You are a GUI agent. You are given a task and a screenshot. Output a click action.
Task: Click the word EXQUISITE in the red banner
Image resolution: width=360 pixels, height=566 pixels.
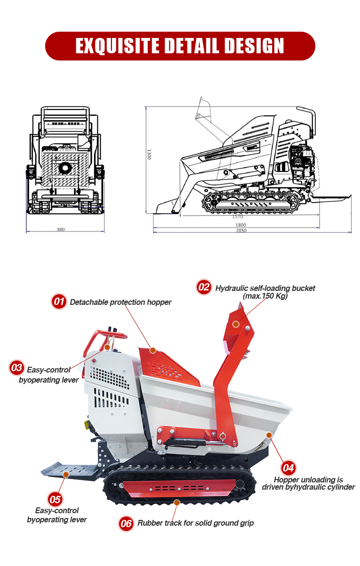118,46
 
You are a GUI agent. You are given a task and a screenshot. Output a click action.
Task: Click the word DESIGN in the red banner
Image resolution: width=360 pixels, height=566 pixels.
254,46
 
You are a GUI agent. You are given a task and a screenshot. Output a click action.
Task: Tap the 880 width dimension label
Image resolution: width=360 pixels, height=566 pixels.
61,229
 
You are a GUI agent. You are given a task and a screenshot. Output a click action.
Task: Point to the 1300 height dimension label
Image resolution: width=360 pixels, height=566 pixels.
149,154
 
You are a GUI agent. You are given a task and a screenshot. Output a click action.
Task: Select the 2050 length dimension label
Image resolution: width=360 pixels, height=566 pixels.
241,230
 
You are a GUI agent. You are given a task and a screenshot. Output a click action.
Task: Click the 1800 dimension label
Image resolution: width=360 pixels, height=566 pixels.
241,225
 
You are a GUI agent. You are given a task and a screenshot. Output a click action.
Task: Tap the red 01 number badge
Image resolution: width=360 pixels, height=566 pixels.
59,301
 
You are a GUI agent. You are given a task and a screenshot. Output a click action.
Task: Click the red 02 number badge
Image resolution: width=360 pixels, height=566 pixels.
204,287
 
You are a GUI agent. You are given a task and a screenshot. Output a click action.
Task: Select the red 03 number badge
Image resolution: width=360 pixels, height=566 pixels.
17,367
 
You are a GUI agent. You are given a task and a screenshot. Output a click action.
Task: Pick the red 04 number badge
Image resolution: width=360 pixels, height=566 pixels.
288,468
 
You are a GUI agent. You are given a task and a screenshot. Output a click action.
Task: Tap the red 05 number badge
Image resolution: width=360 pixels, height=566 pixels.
55,500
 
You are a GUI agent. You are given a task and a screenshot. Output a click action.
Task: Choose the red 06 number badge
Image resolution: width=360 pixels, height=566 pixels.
126,523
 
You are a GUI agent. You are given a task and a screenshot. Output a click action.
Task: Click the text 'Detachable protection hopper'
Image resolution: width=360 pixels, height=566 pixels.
120,302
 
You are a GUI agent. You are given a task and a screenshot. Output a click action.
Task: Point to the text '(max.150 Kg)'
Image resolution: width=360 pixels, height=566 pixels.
265,296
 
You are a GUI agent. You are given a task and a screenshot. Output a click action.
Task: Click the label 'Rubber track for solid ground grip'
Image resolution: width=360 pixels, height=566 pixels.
195,523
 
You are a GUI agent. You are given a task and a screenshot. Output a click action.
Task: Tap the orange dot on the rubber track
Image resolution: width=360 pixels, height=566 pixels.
177,503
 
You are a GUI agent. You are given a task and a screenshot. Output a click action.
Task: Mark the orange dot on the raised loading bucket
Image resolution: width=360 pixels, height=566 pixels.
236,324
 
